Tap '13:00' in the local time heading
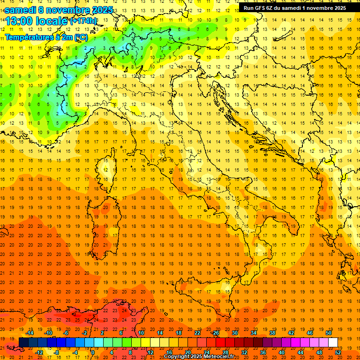click(19, 21)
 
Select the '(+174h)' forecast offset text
click(83, 21)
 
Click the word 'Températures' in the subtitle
click(28, 37)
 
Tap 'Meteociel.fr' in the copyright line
click(219, 357)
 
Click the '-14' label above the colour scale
click(30, 333)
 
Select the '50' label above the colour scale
click(329, 333)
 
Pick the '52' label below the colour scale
click(338, 352)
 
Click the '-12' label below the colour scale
click(39, 352)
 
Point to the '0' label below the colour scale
click(93, 352)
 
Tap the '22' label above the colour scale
click(197, 333)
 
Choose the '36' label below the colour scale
click(263, 352)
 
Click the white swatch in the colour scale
click(333, 343)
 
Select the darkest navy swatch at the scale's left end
click(23, 343)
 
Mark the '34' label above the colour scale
click(254, 333)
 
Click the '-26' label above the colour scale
click(215, 333)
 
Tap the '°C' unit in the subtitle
click(81, 37)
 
